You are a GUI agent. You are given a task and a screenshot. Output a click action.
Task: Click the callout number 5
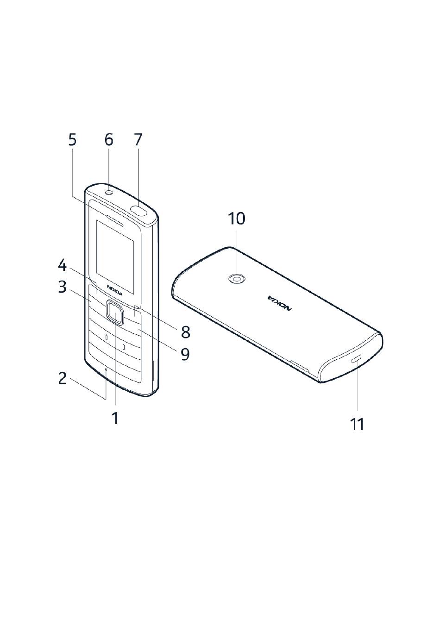[x=72, y=139]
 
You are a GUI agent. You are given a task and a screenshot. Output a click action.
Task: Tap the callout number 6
[x=109, y=139]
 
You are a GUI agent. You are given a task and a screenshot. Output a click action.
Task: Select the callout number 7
[x=138, y=139]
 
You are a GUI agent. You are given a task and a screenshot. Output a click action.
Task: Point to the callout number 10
[x=237, y=219]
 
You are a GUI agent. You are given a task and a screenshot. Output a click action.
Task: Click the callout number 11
[x=357, y=424]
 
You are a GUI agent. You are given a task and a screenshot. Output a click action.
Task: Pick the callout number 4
[x=63, y=265]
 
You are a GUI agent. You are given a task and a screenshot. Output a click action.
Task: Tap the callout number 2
[x=63, y=378]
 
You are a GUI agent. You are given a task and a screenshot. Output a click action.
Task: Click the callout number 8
[x=185, y=332]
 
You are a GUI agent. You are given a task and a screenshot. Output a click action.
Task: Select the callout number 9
[x=185, y=354]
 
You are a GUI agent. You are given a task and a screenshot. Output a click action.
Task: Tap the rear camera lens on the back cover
[x=237, y=279]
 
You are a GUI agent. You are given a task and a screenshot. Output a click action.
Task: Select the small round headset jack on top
[x=109, y=193]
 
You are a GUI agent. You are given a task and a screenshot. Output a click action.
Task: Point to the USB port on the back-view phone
[x=356, y=359]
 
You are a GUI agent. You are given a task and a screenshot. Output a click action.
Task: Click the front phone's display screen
[x=115, y=255]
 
